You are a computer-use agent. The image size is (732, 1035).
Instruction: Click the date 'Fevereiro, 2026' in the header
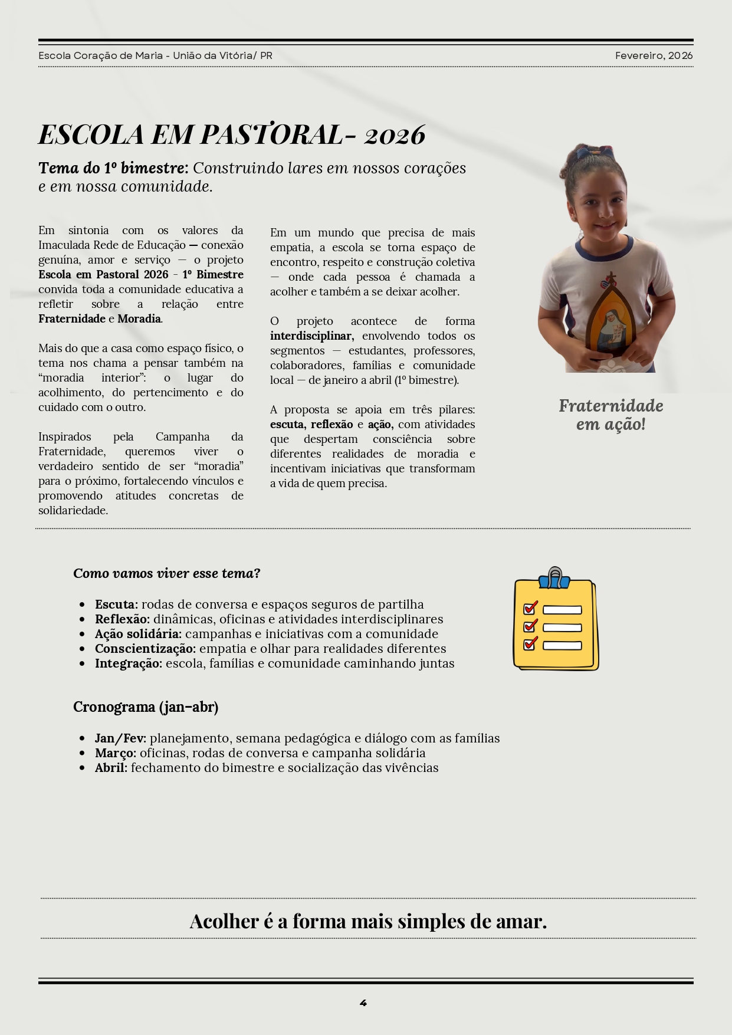654,55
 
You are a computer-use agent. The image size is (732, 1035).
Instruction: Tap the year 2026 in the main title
395,135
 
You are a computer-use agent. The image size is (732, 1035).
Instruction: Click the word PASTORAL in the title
271,135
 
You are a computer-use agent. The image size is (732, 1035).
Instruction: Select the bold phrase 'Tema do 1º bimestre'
113,168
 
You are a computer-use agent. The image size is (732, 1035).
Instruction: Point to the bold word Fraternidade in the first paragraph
71,318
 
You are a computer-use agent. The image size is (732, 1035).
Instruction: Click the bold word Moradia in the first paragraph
139,318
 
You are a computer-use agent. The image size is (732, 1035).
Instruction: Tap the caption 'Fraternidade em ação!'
610,415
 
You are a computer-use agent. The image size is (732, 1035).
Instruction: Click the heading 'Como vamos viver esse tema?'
166,573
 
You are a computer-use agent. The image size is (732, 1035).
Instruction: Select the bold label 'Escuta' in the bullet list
115,604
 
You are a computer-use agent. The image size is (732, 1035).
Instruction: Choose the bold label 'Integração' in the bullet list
128,663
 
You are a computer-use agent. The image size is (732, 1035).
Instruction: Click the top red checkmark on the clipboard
530,607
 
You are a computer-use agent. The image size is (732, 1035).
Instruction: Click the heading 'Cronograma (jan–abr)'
146,707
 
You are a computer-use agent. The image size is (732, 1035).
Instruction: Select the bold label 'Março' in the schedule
115,753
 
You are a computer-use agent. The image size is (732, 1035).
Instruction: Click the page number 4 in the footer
363,1003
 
